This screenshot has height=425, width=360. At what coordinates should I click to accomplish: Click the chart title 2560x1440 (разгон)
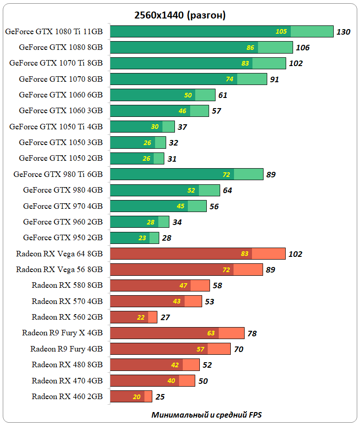coord(180,15)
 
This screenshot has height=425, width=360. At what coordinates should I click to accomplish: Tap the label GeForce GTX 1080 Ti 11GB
coord(54,31)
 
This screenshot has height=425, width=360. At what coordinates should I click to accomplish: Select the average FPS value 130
coord(343,32)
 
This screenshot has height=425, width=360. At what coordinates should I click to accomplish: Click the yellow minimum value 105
coord(281,31)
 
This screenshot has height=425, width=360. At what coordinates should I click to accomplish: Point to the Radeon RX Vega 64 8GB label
coord(59,254)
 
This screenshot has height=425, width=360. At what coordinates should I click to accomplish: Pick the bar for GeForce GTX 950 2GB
coord(134,238)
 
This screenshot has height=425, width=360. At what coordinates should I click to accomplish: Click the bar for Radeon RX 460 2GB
coord(131,396)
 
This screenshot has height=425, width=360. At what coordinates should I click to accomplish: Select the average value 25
coord(160,397)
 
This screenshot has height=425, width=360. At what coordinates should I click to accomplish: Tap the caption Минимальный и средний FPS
coord(206,414)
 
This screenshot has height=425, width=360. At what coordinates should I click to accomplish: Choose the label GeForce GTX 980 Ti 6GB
coord(58,174)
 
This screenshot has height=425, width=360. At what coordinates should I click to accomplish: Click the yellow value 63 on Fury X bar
coord(211,333)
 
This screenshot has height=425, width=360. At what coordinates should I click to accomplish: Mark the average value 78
coord(252,333)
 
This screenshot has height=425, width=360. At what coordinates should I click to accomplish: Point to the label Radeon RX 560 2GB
coord(67,317)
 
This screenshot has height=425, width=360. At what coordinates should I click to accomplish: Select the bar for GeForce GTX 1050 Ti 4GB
coord(142,127)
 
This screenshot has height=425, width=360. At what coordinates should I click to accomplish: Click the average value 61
coord(222,95)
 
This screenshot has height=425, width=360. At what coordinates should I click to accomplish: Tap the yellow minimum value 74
coord(229,79)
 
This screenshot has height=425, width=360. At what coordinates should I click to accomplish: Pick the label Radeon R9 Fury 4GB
coord(66,349)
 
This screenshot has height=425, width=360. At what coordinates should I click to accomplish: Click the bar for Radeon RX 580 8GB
coord(160,285)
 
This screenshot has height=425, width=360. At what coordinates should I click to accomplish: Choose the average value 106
coord(303,48)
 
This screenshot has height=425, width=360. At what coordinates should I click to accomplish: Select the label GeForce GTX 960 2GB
coord(63,222)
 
